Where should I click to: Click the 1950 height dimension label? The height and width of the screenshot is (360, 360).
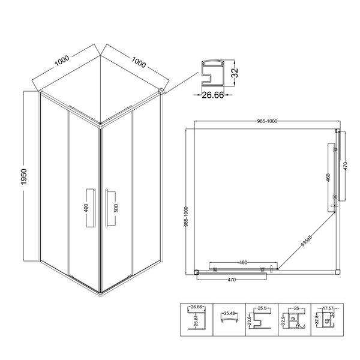(23, 176)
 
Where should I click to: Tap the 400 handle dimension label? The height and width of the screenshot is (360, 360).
(86, 208)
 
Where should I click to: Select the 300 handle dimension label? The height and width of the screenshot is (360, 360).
(116, 208)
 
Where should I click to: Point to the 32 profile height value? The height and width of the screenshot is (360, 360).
(235, 73)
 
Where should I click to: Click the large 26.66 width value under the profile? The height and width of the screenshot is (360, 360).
(212, 95)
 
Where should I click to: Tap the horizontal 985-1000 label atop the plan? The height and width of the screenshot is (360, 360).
(267, 121)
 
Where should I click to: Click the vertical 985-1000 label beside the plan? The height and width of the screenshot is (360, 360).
(186, 217)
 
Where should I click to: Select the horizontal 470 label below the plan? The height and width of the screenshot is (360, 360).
(232, 280)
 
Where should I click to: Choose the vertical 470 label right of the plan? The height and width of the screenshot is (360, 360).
(346, 166)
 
